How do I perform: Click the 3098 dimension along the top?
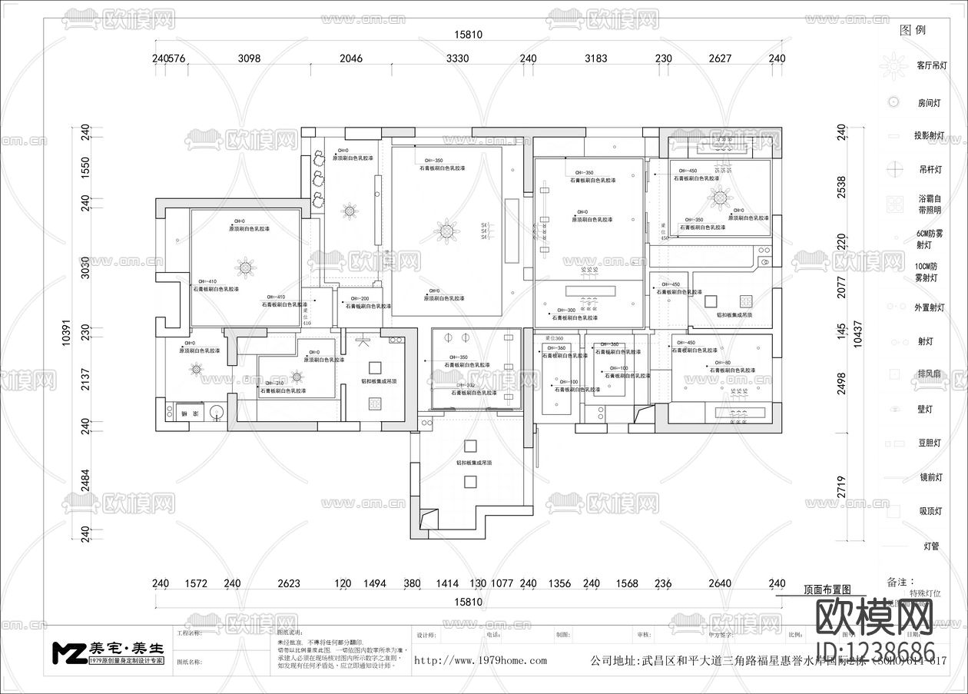coord(250,58)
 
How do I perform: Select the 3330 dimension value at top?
coord(457,58)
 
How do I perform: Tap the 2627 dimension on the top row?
coord(720,58)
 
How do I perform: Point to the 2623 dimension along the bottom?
coord(289,583)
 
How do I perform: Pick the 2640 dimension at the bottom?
coord(719,583)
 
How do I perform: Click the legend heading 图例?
coord(913,31)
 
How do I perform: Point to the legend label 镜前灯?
coord(930,477)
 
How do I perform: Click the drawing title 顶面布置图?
coord(827,589)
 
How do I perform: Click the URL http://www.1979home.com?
coord(480,660)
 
